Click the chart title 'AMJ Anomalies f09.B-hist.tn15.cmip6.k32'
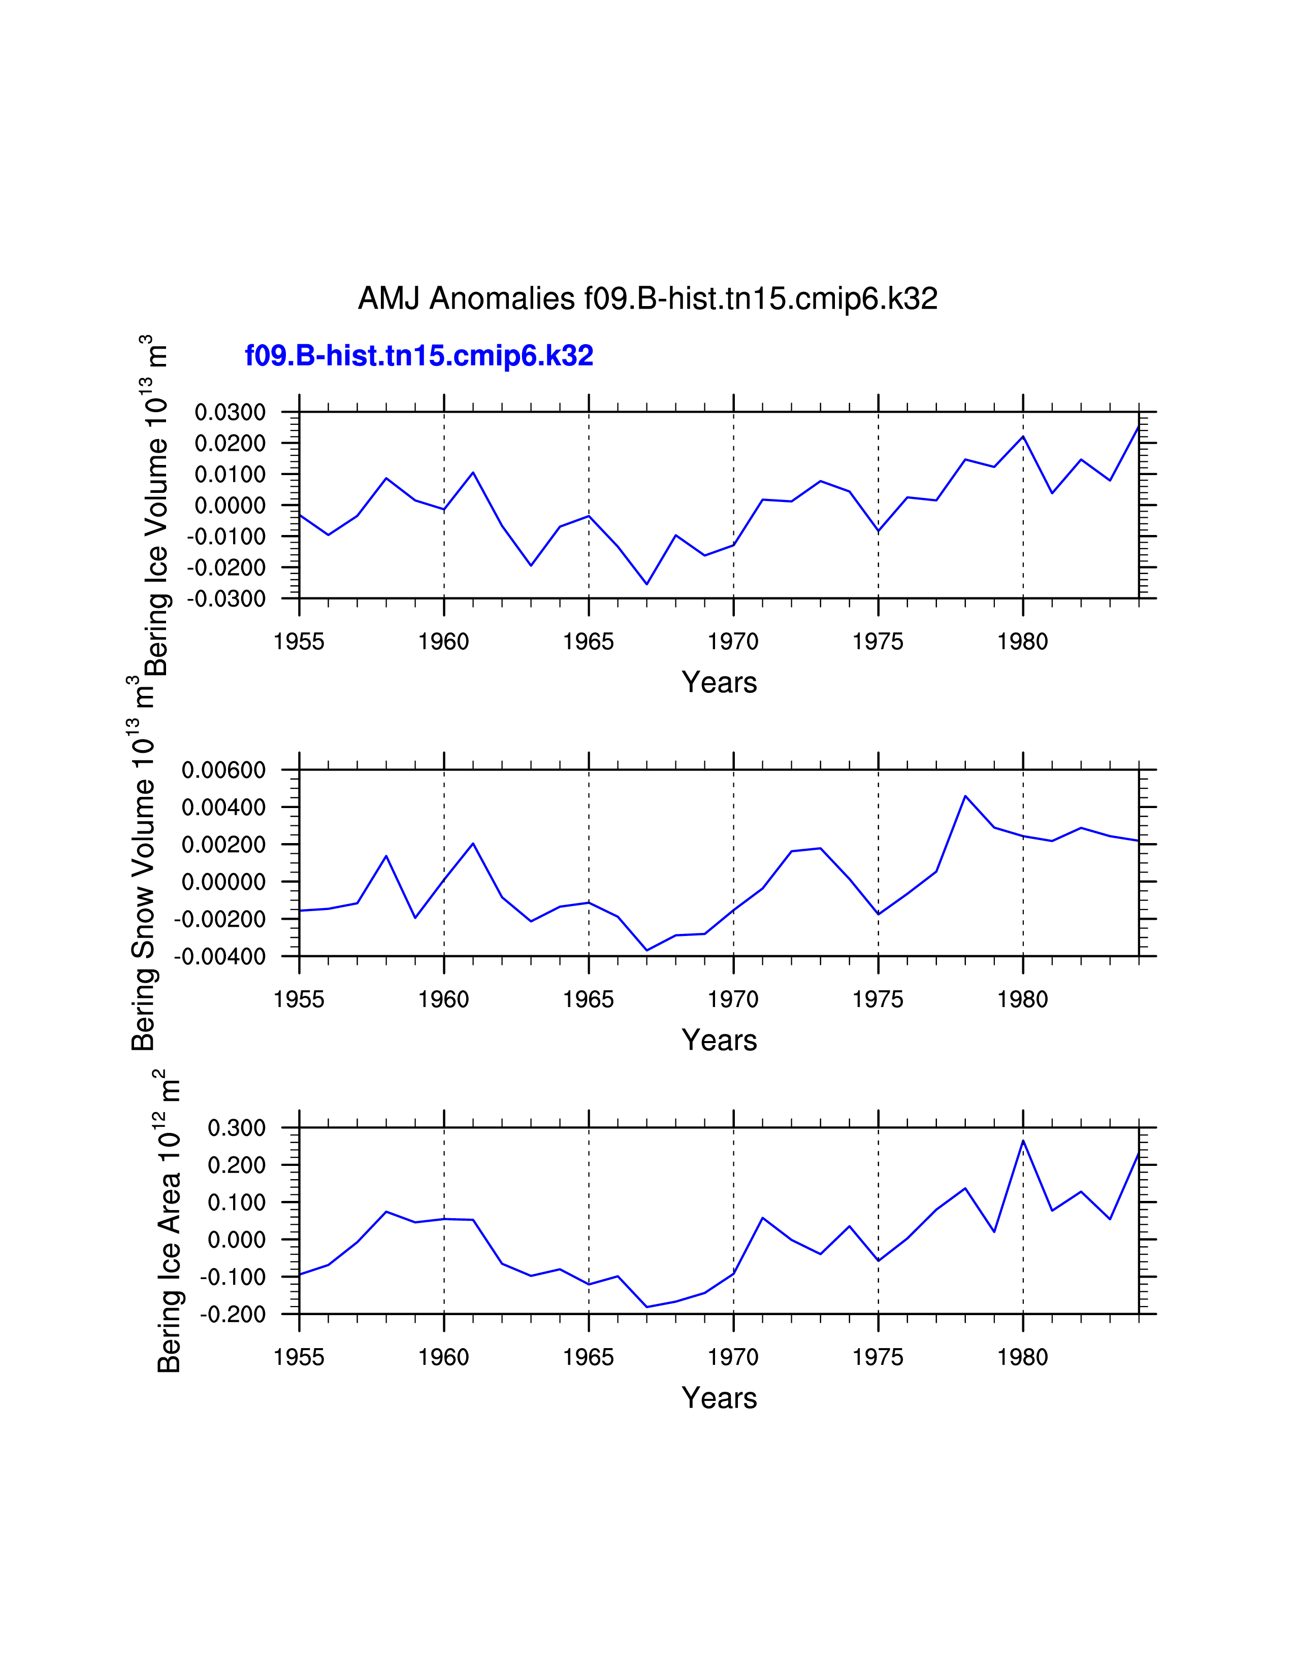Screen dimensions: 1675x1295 point(647,298)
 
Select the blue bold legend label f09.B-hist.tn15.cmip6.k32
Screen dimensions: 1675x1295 point(419,356)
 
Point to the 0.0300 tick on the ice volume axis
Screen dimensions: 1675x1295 point(230,413)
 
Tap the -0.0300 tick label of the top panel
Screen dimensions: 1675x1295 point(226,598)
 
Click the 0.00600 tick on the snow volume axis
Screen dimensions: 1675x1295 point(223,770)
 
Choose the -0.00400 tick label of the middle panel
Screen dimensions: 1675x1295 point(220,956)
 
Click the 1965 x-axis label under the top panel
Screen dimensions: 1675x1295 point(589,642)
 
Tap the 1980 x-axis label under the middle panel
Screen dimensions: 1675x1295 point(1023,1000)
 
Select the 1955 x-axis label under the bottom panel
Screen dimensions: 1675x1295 point(299,1357)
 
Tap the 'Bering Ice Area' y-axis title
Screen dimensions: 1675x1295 point(169,1227)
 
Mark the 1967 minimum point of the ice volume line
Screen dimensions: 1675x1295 point(646,584)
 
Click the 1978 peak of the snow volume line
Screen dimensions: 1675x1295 point(965,796)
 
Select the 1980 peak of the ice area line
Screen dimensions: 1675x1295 point(1023,1141)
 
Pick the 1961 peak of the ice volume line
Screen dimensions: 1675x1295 point(473,473)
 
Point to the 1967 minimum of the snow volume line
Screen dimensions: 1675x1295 point(646,951)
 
